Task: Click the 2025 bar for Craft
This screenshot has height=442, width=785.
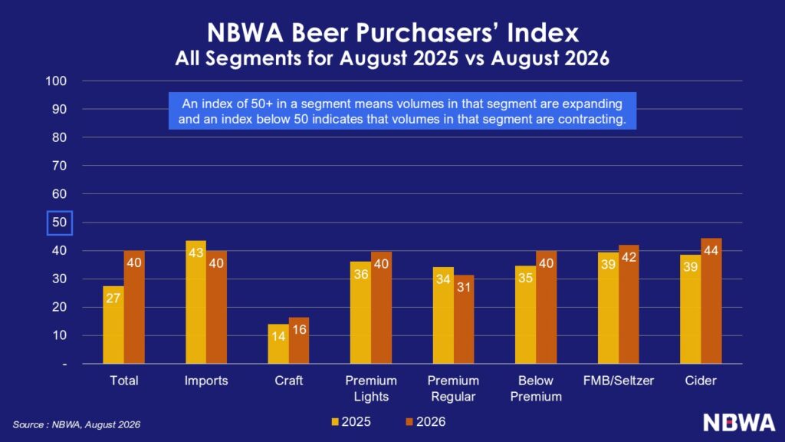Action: pos(278,344)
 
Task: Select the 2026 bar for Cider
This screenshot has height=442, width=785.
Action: pos(711,301)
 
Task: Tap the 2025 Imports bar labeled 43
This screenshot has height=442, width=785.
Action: pos(195,302)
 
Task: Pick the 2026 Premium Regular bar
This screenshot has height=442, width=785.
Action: pos(464,320)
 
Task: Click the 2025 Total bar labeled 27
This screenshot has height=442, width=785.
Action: pos(113,325)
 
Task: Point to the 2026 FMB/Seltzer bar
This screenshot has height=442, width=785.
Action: pos(629,305)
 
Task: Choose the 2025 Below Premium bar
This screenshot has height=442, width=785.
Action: pos(525,315)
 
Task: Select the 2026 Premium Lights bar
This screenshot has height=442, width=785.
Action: pos(381,308)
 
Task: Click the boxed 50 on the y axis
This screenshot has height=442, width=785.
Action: pos(60,223)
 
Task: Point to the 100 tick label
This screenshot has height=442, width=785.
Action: pos(56,81)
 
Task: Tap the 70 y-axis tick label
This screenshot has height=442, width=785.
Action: pos(59,166)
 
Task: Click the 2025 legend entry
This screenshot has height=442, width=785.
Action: pos(351,422)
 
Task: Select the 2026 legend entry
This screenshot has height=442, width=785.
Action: pos(425,422)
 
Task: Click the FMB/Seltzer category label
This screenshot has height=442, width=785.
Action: pos(619,381)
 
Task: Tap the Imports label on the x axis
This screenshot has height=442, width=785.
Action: pos(205,381)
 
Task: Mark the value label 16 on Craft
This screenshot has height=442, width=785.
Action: pos(299,330)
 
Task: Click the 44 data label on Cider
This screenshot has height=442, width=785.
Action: pos(711,251)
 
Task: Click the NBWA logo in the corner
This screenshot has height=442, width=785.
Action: pos(739,423)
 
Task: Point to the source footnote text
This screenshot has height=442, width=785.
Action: pos(76,425)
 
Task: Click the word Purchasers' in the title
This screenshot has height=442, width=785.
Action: pos(429,33)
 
